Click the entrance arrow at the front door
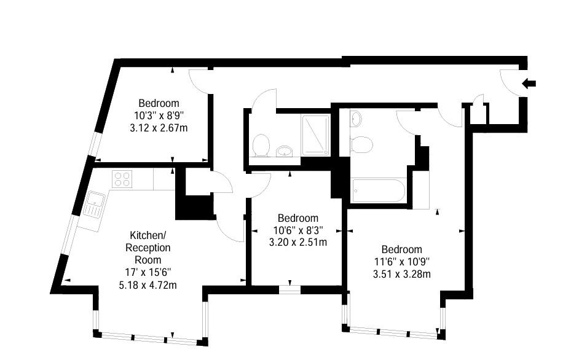529,84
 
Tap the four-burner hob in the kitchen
122,179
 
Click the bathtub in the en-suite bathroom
379,190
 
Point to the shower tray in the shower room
315,135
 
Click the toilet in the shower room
261,145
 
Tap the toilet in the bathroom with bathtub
361,144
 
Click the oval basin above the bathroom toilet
356,119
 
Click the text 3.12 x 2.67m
159,128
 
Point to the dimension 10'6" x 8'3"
298,230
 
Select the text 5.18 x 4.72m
148,285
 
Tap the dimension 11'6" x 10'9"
402,262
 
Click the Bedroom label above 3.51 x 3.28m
402,249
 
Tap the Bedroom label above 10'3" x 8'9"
159,103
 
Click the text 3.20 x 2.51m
298,243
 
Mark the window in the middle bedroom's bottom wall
290,290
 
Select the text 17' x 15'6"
148,273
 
